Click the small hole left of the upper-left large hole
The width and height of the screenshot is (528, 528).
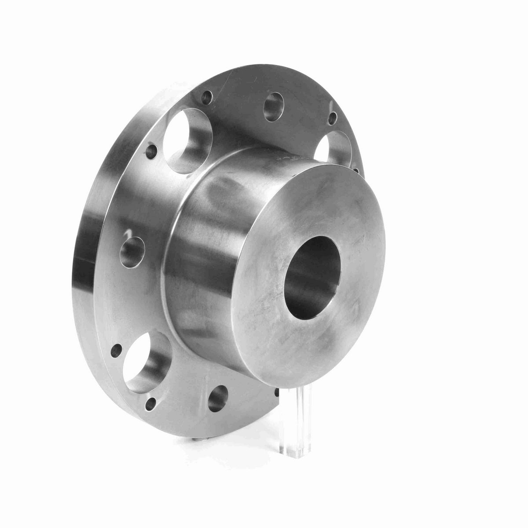(152, 153)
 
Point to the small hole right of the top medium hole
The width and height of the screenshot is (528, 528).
(333, 117)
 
